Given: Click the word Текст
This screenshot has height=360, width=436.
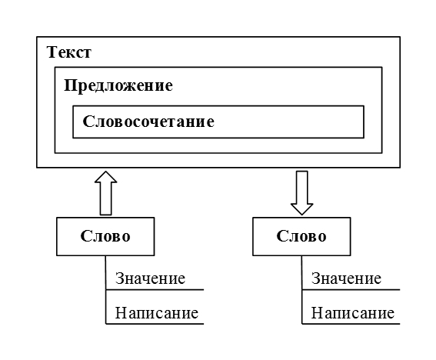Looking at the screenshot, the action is coord(69,52).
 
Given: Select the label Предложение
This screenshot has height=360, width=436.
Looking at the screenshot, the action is coord(118,85).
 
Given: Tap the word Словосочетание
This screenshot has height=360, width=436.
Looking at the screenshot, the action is coord(148,122).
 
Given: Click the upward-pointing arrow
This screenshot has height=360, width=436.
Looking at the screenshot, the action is coord(105,193).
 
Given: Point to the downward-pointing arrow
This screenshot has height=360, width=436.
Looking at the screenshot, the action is coord(302,193).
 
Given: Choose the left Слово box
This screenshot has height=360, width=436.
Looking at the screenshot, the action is coord(105,236).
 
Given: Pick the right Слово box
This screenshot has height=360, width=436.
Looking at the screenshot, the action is coord(301,236).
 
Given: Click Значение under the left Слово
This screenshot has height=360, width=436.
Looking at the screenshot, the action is coord(150,278).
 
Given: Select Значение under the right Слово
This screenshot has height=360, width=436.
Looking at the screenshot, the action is coord(346,278).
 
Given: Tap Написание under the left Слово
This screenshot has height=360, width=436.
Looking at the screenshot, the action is coord(157,313).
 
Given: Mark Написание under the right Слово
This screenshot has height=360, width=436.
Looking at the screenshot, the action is coord(353,313).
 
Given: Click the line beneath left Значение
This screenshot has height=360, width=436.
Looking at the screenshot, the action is coord(155,290).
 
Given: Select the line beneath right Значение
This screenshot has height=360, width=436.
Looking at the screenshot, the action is coord(351,290).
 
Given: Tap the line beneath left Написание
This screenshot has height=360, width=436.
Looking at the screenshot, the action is coord(155,324).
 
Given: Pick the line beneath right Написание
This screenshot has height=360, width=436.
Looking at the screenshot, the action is coord(351,324).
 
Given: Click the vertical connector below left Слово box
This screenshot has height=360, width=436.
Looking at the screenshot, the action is coord(105,290).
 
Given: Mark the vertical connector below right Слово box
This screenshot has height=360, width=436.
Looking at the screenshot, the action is coord(302,290).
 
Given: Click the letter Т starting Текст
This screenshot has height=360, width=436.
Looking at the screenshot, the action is coord(52,52).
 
